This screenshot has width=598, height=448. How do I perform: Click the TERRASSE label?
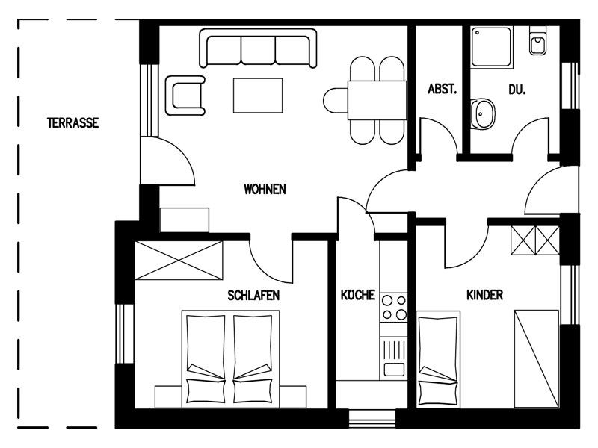click(x=73, y=122)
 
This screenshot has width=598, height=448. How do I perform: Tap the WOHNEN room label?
click(x=265, y=189)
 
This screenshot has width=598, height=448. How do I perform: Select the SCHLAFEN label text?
click(x=253, y=295)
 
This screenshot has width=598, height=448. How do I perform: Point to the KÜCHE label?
click(x=358, y=294)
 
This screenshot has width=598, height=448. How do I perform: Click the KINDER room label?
click(x=484, y=295)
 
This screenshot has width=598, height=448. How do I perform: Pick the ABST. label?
click(x=442, y=89)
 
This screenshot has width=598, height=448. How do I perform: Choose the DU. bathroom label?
click(x=517, y=90)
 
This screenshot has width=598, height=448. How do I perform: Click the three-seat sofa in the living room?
click(x=258, y=49)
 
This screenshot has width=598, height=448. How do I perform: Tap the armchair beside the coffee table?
click(x=185, y=96)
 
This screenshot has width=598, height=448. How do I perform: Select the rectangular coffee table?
click(x=258, y=96)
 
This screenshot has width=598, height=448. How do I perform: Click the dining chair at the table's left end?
click(x=335, y=101)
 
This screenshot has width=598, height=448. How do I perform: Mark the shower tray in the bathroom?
click(x=491, y=46)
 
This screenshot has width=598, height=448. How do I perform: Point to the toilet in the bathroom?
click(x=537, y=41)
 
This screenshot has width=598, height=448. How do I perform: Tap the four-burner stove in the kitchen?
click(x=394, y=308)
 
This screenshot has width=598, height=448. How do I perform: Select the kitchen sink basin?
click(x=394, y=369)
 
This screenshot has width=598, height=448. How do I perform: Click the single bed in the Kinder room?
click(x=438, y=359)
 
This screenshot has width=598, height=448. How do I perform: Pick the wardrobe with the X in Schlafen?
click(x=179, y=261)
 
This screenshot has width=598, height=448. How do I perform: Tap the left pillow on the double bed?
click(x=206, y=391)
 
